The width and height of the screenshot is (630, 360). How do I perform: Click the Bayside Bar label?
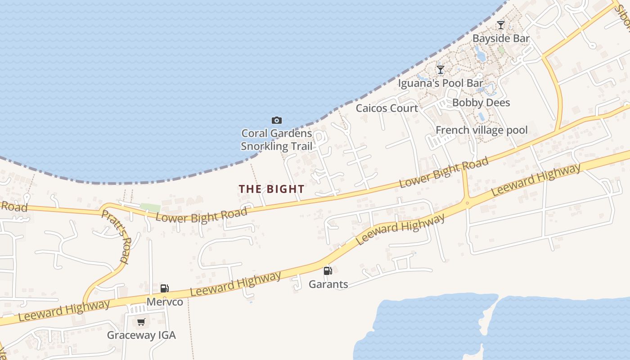point(501,39)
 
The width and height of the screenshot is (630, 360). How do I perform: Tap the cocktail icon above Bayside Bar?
point(501,25)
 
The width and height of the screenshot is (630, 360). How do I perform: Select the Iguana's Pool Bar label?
point(441,83)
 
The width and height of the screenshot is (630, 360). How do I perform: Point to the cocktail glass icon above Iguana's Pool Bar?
point(441,70)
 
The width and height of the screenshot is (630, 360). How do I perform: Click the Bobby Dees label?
point(481,103)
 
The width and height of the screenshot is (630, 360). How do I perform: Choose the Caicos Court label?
point(387,108)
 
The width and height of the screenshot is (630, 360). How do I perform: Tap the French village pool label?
point(481,130)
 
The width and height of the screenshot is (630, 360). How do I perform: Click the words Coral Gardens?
point(276,133)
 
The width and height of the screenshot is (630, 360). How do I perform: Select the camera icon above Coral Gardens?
point(277,120)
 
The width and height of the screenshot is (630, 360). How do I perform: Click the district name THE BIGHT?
point(271,189)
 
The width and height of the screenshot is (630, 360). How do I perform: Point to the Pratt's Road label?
point(116,236)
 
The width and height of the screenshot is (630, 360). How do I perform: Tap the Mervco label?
point(165,301)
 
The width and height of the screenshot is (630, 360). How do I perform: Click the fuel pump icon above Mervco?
point(165,288)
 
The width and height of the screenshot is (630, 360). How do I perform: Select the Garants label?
point(328,284)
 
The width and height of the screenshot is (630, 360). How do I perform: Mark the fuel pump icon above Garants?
point(328,271)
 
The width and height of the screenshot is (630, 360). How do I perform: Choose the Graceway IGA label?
point(141,335)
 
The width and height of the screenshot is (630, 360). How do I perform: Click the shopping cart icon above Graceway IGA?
point(141,322)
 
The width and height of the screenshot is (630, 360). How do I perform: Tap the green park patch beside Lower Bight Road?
point(150,208)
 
